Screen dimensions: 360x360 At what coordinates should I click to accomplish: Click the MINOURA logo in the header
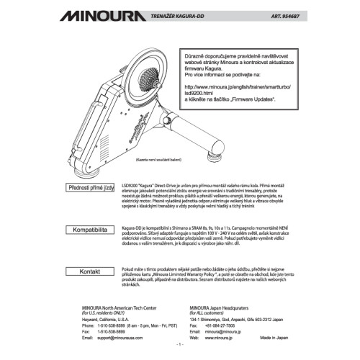[x=107, y=14]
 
